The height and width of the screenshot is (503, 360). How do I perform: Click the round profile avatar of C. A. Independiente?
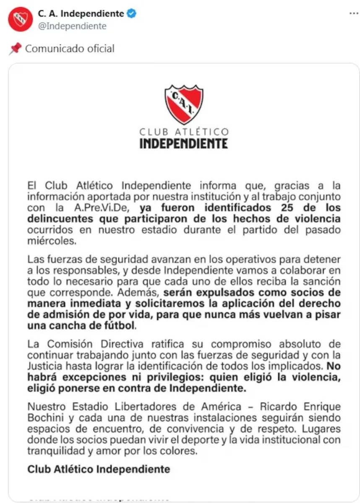[20, 19]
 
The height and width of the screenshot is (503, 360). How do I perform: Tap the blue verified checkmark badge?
[132, 14]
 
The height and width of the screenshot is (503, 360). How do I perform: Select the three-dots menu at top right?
[354, 13]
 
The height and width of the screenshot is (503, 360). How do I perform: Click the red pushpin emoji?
[15, 49]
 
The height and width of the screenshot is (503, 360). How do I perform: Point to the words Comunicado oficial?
[70, 49]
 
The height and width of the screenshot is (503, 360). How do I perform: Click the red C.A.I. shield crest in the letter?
[183, 104]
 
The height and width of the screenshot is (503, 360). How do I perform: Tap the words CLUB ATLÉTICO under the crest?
[184, 132]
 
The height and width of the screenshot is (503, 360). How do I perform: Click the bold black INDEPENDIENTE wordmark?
[183, 144]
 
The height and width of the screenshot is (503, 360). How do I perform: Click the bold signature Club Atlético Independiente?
[99, 469]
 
